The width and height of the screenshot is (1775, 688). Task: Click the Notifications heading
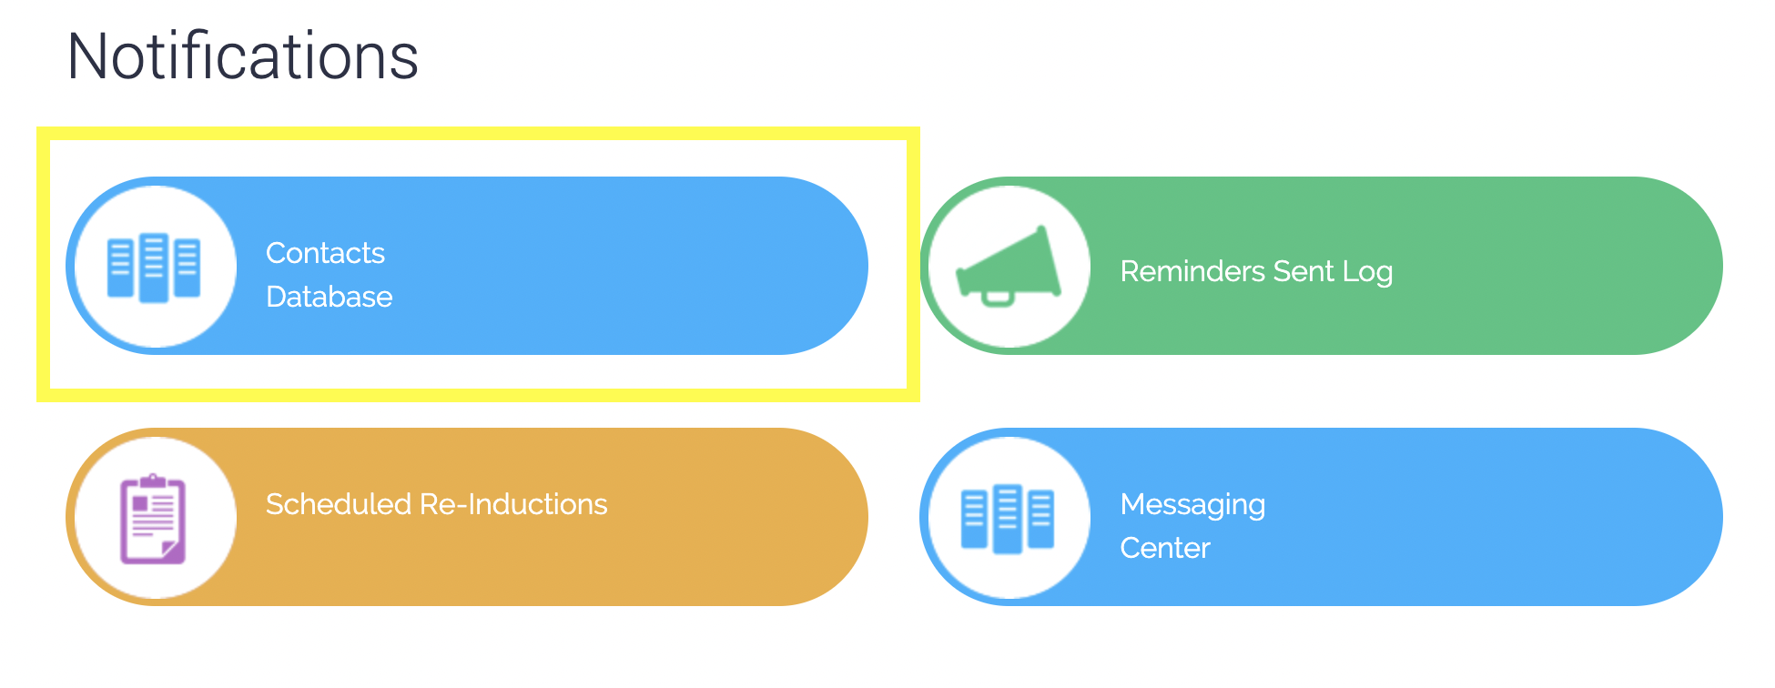(243, 56)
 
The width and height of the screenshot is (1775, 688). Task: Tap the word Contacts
(325, 253)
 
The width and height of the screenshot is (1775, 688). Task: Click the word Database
(329, 297)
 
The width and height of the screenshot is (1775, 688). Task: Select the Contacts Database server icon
(154, 267)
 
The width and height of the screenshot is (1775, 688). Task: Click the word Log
(1367, 272)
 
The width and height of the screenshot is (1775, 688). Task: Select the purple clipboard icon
(153, 519)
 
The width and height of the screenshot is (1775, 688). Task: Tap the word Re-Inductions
(513, 504)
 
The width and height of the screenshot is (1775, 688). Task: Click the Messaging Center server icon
(1008, 518)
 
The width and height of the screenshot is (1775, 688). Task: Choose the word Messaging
(1192, 505)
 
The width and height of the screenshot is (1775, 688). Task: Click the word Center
(1164, 548)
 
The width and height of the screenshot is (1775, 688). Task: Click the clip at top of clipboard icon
(153, 480)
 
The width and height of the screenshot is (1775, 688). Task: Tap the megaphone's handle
(998, 298)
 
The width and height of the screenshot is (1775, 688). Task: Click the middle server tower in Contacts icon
(154, 267)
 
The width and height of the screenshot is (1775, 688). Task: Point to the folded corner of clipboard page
(169, 548)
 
